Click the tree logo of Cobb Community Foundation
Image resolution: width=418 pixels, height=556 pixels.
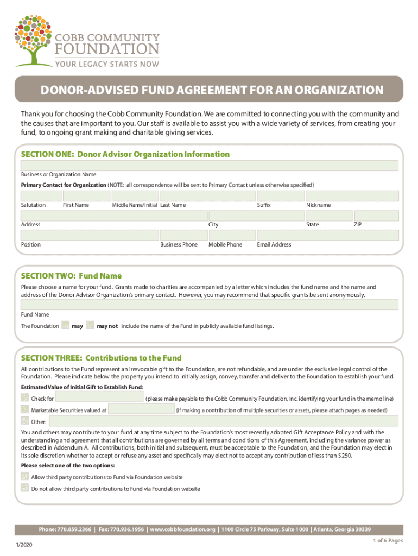pos(34,39)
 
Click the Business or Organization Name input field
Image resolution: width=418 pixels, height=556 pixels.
pos(210,166)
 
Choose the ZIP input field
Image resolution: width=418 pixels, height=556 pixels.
pos(376,216)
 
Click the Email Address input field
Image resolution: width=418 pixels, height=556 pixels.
pos(328,235)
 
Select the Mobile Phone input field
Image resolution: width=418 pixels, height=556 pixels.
pos(232,235)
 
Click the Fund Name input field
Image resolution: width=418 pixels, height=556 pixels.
pos(210,305)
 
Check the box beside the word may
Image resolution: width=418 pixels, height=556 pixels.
pos(66,326)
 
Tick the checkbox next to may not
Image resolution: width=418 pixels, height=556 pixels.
pos(90,326)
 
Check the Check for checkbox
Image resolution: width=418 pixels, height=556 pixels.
pos(24,398)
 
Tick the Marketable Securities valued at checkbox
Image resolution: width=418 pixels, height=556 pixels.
pos(24,409)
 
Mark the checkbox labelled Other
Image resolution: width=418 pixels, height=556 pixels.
pos(24,421)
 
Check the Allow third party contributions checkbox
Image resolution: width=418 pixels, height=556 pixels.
pos(24,476)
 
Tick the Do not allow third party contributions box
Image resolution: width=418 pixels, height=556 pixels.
pos(24,488)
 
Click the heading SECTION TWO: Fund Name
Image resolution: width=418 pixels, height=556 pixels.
pos(71,276)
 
